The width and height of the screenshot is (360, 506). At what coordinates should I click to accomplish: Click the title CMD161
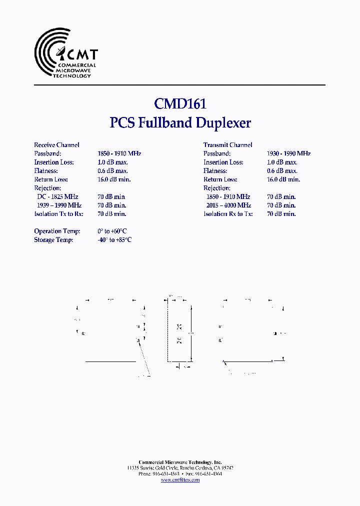[x=180, y=103]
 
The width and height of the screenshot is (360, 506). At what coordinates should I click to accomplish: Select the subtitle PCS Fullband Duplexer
[x=180, y=123]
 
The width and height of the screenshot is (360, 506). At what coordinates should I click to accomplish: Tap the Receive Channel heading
[x=56, y=145]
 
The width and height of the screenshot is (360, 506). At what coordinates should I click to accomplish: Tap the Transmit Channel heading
[x=227, y=145]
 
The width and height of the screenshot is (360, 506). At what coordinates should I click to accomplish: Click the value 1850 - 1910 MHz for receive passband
[x=119, y=153]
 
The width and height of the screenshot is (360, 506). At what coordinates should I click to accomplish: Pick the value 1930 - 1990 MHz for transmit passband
[x=288, y=153]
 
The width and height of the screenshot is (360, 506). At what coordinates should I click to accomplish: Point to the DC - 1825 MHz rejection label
[x=58, y=196]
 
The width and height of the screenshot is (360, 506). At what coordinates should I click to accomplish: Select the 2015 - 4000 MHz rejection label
[x=228, y=205]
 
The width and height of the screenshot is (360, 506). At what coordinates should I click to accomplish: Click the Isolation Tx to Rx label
[x=58, y=214]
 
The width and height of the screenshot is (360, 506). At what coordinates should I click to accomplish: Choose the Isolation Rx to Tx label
[x=228, y=214]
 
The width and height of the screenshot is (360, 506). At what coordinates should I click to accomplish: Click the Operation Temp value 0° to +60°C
[x=112, y=231]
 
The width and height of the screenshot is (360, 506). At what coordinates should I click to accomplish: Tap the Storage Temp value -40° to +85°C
[x=114, y=240]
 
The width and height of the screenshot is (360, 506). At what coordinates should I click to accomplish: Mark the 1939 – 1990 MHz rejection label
[x=59, y=205]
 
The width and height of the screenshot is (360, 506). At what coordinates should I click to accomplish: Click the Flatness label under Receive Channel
[x=46, y=171]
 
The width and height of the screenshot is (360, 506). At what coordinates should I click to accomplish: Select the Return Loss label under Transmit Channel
[x=220, y=179]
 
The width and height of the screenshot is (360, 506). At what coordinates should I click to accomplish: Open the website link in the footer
[x=180, y=480]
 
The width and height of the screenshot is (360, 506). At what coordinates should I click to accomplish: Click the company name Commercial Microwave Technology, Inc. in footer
[x=180, y=462]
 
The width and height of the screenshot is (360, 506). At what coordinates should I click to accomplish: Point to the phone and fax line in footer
[x=180, y=473]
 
